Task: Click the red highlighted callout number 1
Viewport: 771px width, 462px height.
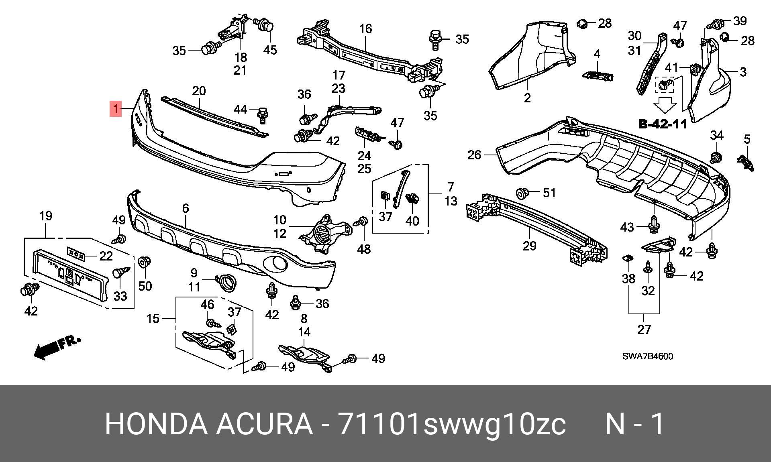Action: point(116,109)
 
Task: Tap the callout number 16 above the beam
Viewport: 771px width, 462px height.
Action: point(365,29)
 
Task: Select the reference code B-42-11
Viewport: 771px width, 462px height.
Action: point(663,124)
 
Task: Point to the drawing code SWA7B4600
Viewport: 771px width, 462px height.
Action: point(648,356)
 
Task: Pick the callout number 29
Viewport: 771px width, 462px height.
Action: point(529,245)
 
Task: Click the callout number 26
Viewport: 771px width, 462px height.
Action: point(474,155)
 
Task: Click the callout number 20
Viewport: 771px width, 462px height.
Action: point(199,91)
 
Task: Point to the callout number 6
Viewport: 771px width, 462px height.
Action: point(185,208)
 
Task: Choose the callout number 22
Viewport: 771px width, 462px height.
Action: point(106,256)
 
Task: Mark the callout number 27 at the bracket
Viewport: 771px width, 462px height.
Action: point(644,330)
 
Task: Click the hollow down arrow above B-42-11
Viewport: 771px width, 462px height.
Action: point(665,106)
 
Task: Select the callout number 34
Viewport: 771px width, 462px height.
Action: point(717,136)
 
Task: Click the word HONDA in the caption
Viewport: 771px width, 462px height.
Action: point(156,424)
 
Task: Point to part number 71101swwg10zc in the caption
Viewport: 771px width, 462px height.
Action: point(452,425)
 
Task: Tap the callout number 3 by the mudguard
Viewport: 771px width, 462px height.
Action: point(743,72)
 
